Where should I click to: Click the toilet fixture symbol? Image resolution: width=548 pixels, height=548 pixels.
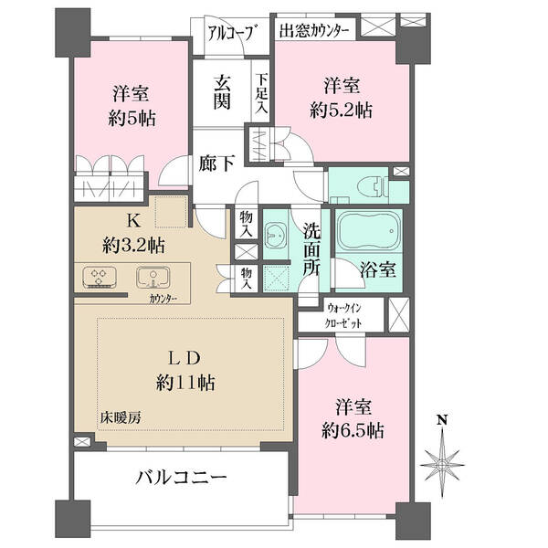[374, 187]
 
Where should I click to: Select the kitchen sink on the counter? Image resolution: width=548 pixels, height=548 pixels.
[153, 278]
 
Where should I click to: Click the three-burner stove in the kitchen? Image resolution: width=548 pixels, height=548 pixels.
[100, 278]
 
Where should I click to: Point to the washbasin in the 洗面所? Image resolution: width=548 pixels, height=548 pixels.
[276, 236]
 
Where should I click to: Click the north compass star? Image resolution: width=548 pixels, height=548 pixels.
[442, 464]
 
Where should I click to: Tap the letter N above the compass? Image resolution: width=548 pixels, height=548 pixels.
[443, 420]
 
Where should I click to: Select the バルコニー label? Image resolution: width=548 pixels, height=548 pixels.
[181, 477]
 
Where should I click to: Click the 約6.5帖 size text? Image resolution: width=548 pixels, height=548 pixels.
[353, 431]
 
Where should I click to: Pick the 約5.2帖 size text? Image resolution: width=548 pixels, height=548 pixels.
[341, 111]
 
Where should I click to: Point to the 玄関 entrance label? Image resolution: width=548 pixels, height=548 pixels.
[222, 92]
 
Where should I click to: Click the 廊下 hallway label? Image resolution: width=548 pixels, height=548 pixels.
[216, 163]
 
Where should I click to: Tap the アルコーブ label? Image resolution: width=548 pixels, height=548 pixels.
[230, 33]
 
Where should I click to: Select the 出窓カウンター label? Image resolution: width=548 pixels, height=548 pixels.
[314, 31]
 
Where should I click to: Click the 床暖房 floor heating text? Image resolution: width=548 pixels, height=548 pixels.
[121, 417]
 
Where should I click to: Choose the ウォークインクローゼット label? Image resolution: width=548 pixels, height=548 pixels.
[343, 316]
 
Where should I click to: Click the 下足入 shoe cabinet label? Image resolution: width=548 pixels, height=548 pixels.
[261, 92]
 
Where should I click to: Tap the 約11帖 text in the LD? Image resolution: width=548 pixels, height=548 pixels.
[185, 383]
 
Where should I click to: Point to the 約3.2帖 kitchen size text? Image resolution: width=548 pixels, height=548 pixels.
[134, 246]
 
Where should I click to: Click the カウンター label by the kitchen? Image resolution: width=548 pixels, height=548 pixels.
[163, 299]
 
